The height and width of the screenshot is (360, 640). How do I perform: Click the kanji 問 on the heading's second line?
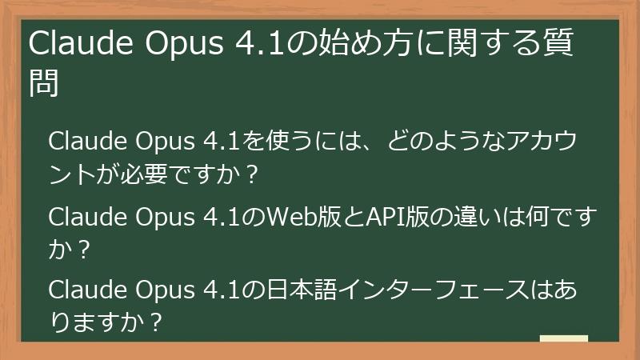(x=45, y=83)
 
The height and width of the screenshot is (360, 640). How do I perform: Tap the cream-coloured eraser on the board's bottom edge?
(x=564, y=339)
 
